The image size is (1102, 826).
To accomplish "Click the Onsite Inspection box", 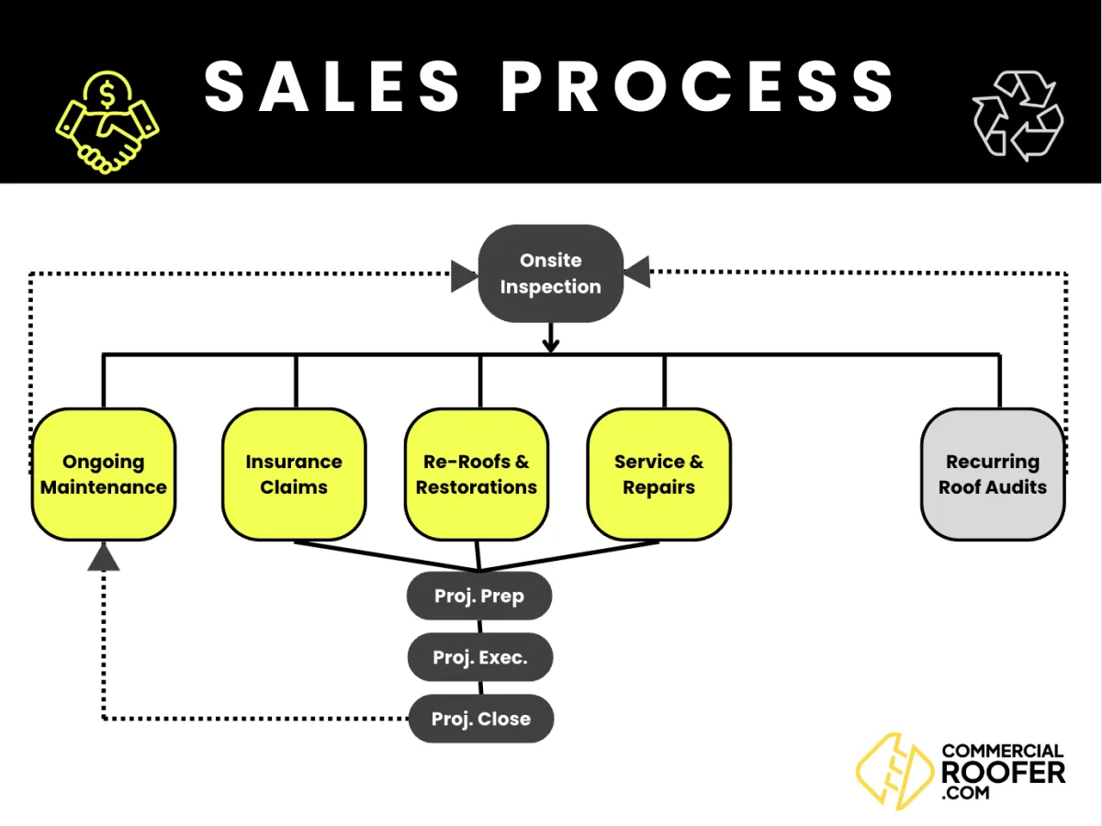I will [550, 273].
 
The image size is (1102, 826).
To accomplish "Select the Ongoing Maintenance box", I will [104, 474].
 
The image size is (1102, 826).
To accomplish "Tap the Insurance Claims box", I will [294, 474].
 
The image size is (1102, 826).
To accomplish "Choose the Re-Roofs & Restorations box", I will [477, 474].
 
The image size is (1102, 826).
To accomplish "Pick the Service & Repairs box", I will [659, 474].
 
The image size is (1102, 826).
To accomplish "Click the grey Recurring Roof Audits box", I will [993, 474].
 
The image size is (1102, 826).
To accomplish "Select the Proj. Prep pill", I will [479, 597].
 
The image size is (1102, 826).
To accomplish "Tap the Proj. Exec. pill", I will [480, 657].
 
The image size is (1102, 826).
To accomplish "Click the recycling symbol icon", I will [1018, 116].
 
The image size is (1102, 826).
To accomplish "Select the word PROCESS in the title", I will [698, 86].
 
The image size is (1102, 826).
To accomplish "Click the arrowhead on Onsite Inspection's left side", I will [464, 274].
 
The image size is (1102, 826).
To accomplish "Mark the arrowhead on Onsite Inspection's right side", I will [636, 273].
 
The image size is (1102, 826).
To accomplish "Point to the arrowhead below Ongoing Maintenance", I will [104, 556].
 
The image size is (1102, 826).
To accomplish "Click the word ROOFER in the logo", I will [1003, 772].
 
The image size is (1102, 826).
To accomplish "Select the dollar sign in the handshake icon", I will [108, 92].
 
